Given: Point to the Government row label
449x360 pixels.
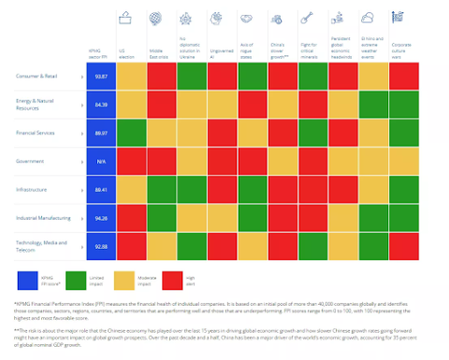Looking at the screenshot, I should [31, 161].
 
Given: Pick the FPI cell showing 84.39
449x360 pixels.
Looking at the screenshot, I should [100, 105].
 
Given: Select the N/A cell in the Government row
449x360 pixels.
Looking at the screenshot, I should [100, 161].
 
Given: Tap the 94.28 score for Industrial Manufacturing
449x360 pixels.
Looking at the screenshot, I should [100, 217].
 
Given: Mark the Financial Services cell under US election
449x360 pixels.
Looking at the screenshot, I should [131, 133].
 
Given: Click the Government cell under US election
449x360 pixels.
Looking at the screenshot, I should [131, 161].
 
